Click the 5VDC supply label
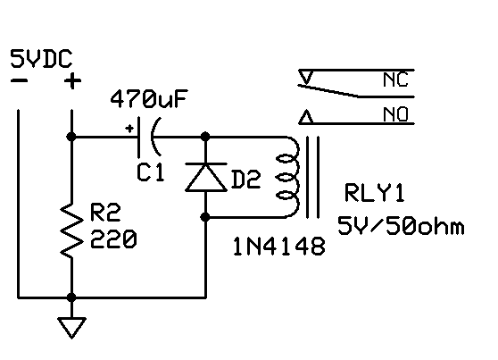[x=42, y=59]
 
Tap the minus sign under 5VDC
[x=19, y=80]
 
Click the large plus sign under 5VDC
[x=72, y=81]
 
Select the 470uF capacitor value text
[x=149, y=99]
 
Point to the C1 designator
[x=151, y=172]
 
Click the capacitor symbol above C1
[x=149, y=137]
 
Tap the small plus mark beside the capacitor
[x=129, y=129]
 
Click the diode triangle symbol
[x=206, y=177]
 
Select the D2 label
[x=246, y=179]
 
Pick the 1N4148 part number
[x=279, y=247]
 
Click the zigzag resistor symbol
[x=72, y=230]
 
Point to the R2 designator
[x=105, y=213]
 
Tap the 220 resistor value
[x=113, y=239]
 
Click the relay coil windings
[x=288, y=177]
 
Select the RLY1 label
[x=375, y=193]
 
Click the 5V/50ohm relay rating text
[x=401, y=226]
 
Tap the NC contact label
[x=395, y=80]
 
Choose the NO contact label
[x=395, y=114]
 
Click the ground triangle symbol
[x=72, y=328]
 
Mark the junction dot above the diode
[x=205, y=137]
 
